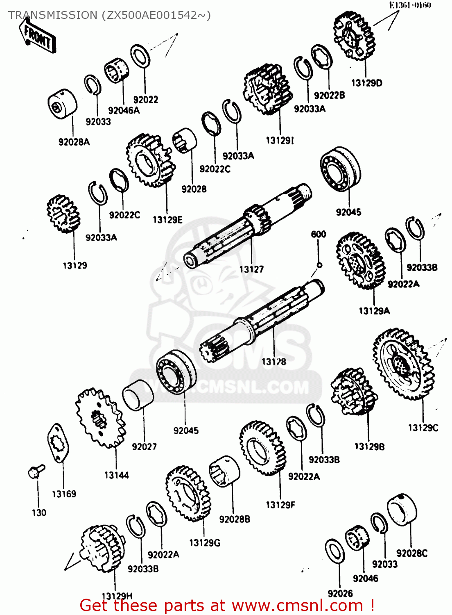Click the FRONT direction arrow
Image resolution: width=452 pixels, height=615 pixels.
point(37,36)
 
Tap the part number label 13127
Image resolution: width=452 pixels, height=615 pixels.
point(251,269)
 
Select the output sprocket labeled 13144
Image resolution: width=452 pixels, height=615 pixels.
point(100,418)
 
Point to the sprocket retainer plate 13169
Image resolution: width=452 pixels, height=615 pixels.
point(58,443)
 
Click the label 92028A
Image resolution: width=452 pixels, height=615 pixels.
point(74,142)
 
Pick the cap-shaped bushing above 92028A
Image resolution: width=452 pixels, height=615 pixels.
point(62,104)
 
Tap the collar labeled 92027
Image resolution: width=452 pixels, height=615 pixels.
point(138,395)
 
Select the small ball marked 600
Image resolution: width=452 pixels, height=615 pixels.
point(319,265)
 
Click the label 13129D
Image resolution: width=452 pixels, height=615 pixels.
point(366,83)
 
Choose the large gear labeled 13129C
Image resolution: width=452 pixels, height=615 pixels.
point(403,364)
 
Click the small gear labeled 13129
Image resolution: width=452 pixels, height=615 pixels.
point(63,214)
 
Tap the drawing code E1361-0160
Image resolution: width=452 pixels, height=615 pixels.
point(410,5)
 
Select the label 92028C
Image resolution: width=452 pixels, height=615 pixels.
point(411,553)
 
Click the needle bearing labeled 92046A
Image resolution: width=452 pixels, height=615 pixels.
point(117,72)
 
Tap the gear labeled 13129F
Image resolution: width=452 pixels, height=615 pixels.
point(262,448)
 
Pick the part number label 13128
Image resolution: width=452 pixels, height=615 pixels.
point(273,362)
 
